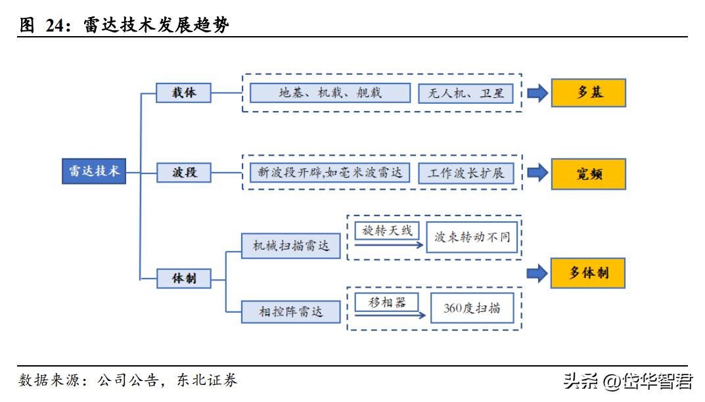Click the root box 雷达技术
pyautogui.click(x=95, y=171)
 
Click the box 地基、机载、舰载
pyautogui.click(x=330, y=93)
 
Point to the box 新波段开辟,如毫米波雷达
pyautogui.click(x=330, y=173)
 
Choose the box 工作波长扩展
pyautogui.click(x=466, y=173)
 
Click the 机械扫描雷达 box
pyautogui.click(x=291, y=246)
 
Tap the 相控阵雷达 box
pyautogui.click(x=291, y=310)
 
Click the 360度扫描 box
pyautogui.click(x=471, y=307)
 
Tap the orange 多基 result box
pyautogui.click(x=588, y=93)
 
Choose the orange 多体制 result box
pyautogui.click(x=588, y=273)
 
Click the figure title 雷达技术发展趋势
pyautogui.click(x=156, y=25)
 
